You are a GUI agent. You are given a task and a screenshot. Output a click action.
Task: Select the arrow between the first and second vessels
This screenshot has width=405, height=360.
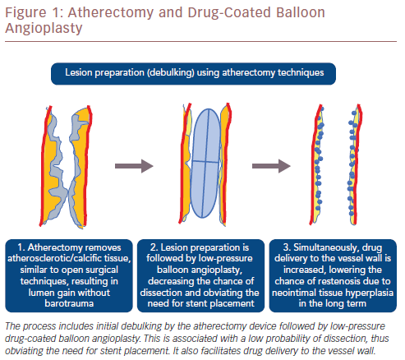coord(134,166)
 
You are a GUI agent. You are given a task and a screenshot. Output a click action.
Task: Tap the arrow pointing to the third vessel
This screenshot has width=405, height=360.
coord(271,166)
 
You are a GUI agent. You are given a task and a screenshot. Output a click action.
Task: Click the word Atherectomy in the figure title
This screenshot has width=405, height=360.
coord(111,13)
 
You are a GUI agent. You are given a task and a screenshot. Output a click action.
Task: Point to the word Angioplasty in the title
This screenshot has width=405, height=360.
coord(44,28)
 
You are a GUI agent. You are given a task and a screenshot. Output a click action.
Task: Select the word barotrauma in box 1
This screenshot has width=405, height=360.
coord(69,303)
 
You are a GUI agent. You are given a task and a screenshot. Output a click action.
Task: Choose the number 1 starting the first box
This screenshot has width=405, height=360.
coord(21,247)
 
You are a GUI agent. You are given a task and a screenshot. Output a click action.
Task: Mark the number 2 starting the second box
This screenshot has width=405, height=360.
coord(154,247)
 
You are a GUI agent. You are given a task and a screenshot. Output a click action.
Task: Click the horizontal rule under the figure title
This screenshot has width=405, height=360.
coord(200,42)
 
